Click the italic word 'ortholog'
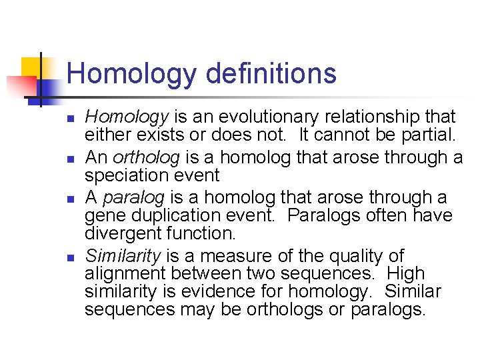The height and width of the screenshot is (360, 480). point(146,158)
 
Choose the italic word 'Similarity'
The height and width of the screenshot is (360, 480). point(123,256)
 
